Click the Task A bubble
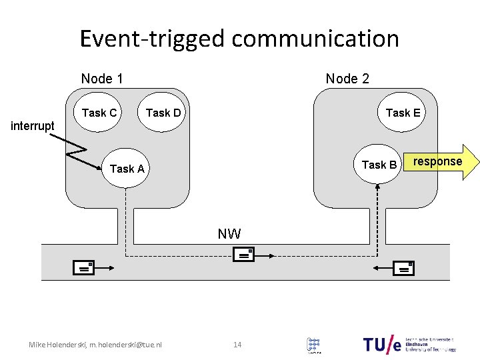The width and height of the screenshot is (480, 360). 127,169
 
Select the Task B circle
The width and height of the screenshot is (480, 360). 378,165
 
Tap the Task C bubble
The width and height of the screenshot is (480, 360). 99,113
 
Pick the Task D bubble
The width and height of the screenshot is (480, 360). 163,113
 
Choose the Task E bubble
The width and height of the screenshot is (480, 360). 403,113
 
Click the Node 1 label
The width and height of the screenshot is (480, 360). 102,79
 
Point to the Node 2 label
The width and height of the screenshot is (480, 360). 347,79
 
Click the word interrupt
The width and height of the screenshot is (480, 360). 33,126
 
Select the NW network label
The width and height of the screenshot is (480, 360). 229,234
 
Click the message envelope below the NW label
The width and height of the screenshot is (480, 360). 244,254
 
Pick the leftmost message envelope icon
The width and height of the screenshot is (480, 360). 85,268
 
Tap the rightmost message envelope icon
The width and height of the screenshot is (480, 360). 403,268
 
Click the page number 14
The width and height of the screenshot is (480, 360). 237,345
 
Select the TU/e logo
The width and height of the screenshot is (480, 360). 383,344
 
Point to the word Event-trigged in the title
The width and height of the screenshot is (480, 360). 152,39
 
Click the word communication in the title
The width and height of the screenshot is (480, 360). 315,39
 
